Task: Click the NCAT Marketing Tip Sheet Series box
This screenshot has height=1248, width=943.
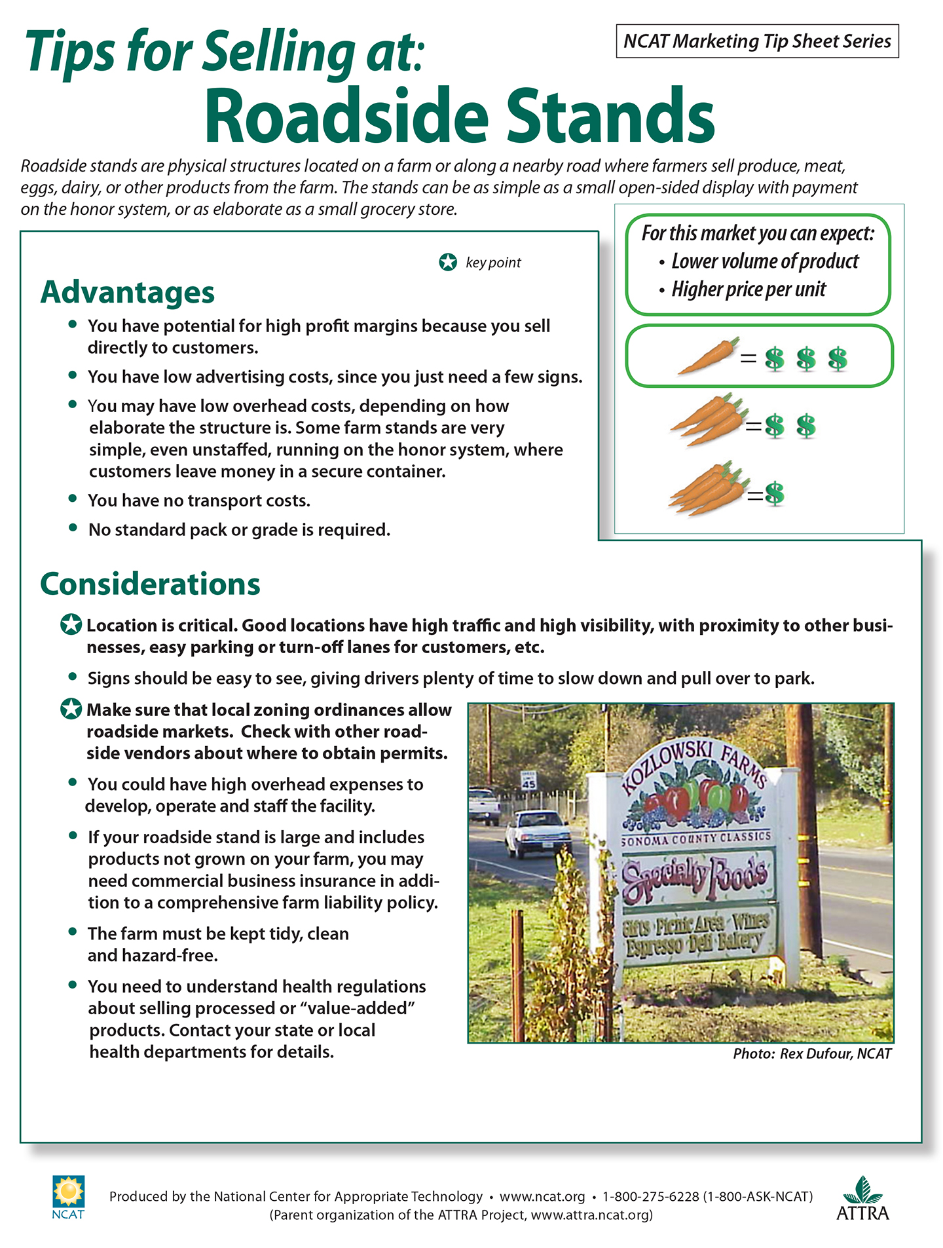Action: click(757, 41)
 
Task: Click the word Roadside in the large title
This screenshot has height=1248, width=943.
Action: click(346, 117)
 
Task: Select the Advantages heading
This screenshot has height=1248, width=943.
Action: click(128, 292)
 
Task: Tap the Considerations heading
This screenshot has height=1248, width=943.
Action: click(150, 584)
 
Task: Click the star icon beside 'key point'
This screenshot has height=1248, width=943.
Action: click(448, 263)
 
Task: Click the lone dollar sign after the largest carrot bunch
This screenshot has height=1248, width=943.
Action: click(775, 493)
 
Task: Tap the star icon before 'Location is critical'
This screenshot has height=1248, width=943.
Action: click(71, 625)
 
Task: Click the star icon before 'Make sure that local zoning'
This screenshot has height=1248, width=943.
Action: click(71, 709)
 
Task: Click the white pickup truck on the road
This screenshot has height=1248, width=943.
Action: click(536, 832)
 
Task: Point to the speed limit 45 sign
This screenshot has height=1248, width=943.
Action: click(528, 781)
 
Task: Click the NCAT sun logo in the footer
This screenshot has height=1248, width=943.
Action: click(68, 1192)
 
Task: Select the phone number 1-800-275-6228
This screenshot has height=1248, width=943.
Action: click(651, 1196)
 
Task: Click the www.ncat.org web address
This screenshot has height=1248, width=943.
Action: click(542, 1196)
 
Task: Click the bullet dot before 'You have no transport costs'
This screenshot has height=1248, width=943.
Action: click(73, 499)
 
